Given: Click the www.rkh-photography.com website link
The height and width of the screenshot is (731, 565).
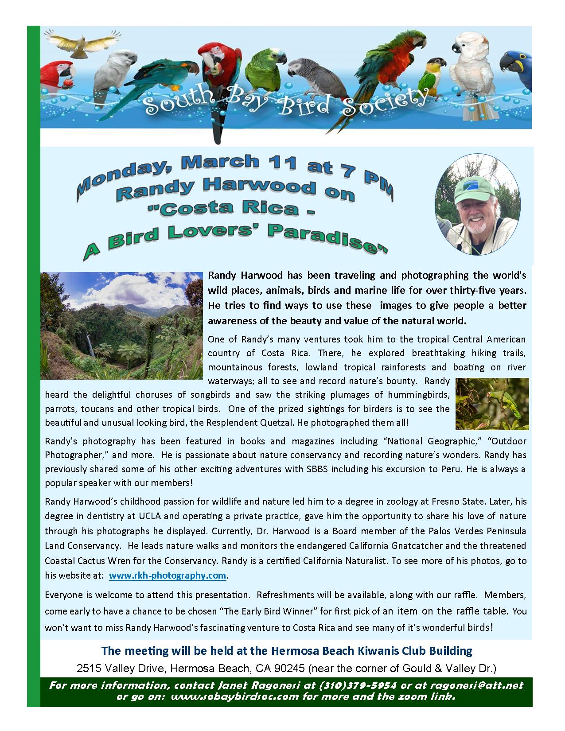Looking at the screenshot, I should [x=168, y=575].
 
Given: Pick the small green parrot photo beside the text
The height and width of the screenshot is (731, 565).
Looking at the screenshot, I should [x=492, y=404].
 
